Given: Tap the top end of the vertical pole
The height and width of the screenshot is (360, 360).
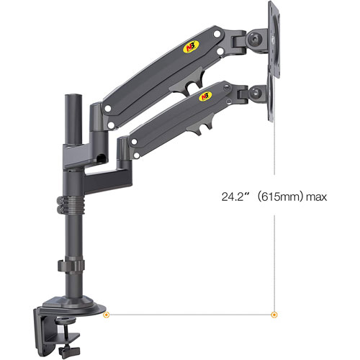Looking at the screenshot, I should click(73, 96).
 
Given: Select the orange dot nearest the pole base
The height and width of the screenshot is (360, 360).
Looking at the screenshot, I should click(107, 314).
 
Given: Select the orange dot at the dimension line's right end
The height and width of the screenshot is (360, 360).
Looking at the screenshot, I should click(273, 314).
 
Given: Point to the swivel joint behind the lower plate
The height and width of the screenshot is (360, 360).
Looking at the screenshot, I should click(254, 91).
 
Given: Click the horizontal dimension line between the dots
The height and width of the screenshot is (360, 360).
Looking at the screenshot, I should click(189, 314).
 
